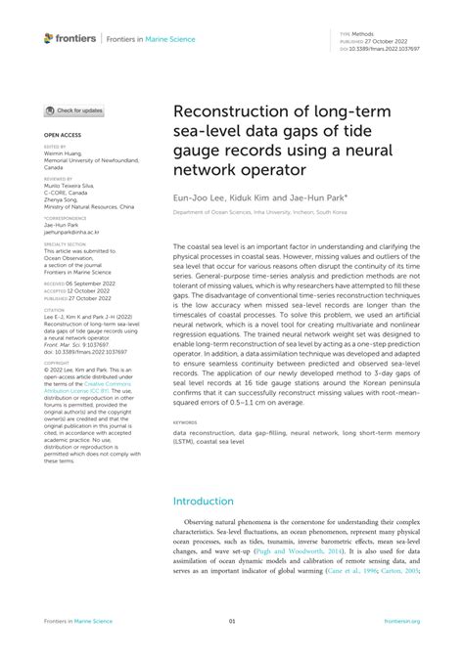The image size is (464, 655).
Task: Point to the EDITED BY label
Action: point(57,145)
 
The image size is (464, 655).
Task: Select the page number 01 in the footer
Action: point(232,620)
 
